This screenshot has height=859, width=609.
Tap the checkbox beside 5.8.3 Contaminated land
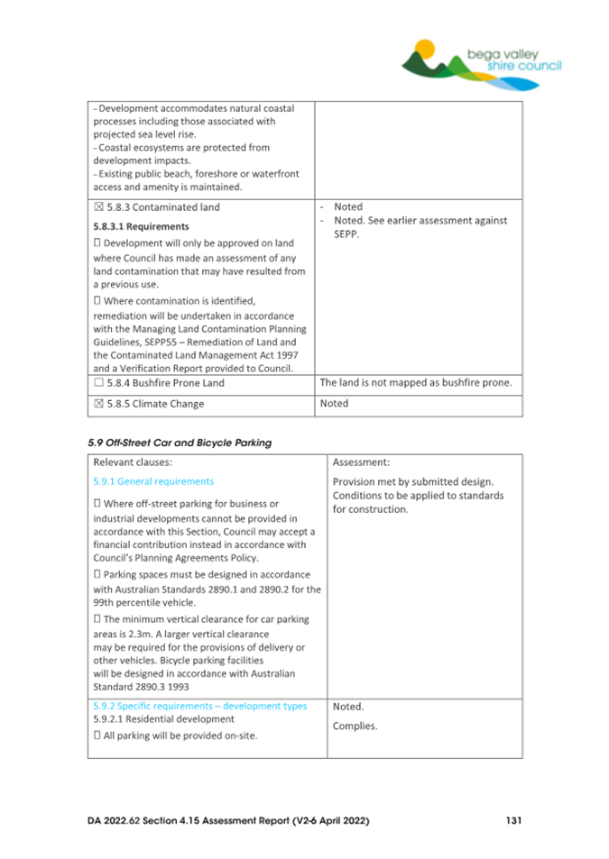[98, 207]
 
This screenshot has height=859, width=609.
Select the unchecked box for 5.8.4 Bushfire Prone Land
[98, 383]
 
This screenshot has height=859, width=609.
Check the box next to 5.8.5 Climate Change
[98, 404]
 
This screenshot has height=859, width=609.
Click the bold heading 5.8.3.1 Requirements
[141, 226]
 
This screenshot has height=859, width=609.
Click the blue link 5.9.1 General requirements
[153, 481]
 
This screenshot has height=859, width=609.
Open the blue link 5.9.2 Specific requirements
[200, 706]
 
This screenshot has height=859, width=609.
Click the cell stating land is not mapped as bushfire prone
[417, 383]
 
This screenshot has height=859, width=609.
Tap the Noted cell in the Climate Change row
[334, 404]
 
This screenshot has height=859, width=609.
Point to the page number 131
[512, 821]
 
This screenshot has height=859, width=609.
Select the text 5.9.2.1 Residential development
[163, 719]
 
